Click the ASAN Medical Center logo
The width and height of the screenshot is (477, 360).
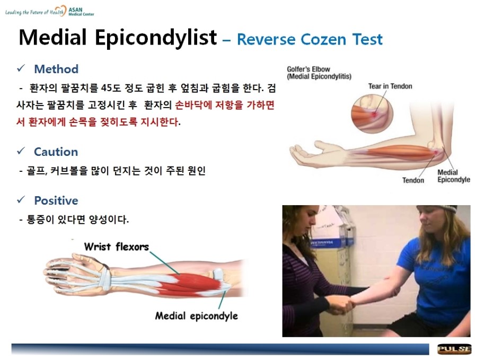(50, 11)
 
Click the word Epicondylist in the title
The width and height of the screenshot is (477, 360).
(156, 38)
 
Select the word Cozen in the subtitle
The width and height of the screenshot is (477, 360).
(323, 39)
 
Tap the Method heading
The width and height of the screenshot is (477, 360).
(56, 69)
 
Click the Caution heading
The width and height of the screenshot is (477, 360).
(56, 152)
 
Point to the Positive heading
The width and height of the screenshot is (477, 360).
(56, 200)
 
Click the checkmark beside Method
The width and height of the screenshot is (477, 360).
(21, 68)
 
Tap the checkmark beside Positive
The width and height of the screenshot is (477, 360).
(21, 200)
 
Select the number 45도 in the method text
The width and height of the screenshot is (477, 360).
(111, 88)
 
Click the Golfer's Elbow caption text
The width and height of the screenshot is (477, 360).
(319, 73)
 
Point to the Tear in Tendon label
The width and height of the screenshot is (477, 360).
(390, 86)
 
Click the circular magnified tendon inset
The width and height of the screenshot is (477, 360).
(372, 114)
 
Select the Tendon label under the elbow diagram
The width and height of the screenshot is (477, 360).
(413, 180)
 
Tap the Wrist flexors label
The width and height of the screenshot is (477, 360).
(117, 247)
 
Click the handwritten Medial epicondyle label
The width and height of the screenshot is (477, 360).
(197, 316)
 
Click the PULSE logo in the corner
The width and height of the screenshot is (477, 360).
(454, 349)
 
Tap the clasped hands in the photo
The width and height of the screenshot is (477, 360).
(341, 305)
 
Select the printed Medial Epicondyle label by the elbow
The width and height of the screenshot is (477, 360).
(454, 176)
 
